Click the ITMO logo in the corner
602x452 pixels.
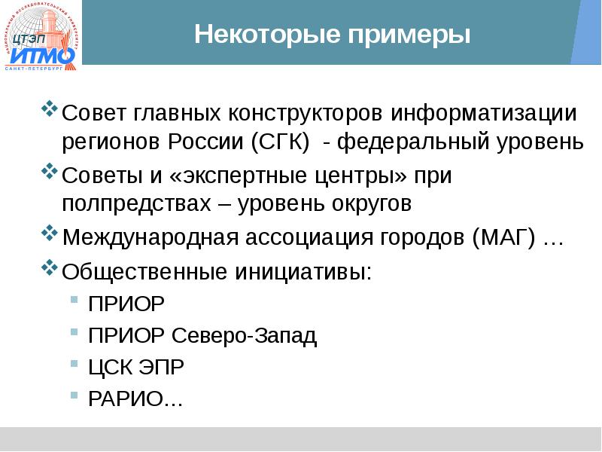point(42,38)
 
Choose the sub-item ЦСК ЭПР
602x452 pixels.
point(136,367)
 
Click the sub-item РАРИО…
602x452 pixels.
point(136,399)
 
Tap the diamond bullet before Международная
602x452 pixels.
point(49,234)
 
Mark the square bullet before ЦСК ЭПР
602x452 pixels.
point(73,364)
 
